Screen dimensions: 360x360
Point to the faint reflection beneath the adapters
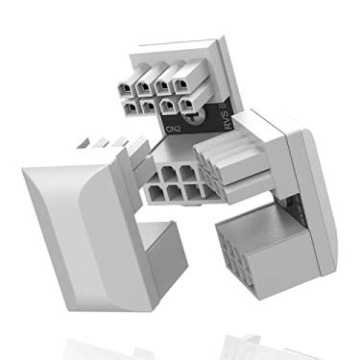click(x=182, y=341)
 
